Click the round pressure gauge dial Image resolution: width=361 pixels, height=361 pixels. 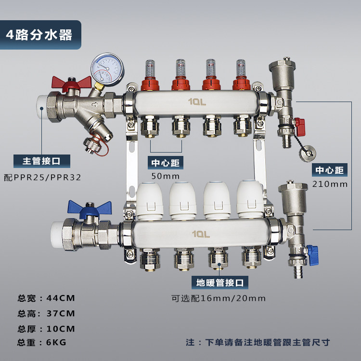pyautogui.click(x=107, y=69)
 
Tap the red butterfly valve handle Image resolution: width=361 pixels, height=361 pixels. pyautogui.click(x=71, y=83)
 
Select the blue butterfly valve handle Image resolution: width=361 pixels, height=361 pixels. pyautogui.click(x=90, y=209)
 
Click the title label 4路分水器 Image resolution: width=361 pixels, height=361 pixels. pyautogui.click(x=39, y=35)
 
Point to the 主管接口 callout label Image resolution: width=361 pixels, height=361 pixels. pyautogui.click(x=42, y=161)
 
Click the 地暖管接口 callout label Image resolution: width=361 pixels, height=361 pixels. pyautogui.click(x=220, y=283)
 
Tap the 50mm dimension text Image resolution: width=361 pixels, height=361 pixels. pyautogui.click(x=165, y=176)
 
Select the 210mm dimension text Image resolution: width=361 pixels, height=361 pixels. pyautogui.click(x=330, y=184)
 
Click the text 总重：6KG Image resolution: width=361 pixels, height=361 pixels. pyautogui.click(x=42, y=342)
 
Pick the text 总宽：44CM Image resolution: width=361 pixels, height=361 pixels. pyautogui.click(x=46, y=298)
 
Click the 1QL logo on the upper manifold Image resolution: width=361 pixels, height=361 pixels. pyautogui.click(x=197, y=102)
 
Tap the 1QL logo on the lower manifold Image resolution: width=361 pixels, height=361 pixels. pyautogui.click(x=201, y=234)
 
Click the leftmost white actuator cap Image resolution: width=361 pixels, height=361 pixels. pyautogui.click(x=150, y=201)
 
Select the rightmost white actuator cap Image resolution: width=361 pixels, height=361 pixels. pyautogui.click(x=250, y=199)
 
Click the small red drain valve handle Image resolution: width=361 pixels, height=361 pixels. pyautogui.click(x=300, y=127)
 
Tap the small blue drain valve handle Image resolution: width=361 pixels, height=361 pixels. pyautogui.click(x=313, y=255)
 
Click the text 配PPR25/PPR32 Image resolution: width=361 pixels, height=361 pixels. pyautogui.click(x=42, y=178)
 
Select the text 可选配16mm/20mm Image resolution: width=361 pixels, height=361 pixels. pyautogui.click(x=218, y=298)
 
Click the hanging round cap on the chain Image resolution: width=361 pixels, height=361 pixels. pyautogui.click(x=308, y=154)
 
